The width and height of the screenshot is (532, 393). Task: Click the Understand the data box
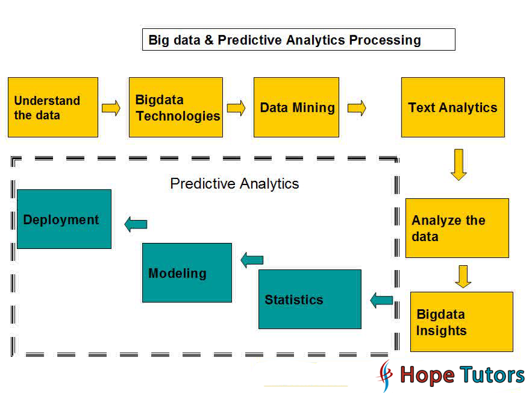point(53,107)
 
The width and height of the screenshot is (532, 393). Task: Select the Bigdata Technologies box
point(176,107)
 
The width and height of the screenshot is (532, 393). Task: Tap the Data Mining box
point(296,107)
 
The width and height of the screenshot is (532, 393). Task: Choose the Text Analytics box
point(453,107)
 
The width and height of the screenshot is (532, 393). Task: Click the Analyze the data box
point(457,228)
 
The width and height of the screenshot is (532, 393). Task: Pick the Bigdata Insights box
point(462,322)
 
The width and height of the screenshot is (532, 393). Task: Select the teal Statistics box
point(310,300)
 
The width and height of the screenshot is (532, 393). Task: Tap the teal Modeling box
point(187,272)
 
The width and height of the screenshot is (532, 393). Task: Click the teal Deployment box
point(64,219)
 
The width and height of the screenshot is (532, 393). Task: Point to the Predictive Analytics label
point(234,184)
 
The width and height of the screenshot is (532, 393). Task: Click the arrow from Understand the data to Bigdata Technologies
point(111,108)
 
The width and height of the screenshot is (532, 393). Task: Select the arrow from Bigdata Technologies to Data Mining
point(236,108)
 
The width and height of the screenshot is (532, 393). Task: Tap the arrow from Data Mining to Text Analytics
point(357,108)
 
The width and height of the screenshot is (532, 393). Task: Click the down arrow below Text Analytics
point(458,165)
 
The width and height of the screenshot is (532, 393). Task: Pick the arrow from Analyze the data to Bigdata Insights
point(463,277)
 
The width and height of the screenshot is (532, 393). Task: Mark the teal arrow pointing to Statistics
point(381,300)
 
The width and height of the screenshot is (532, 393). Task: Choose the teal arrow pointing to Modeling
point(252,260)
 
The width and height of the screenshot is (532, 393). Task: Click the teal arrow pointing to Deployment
point(136,224)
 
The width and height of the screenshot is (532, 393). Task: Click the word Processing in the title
point(385,40)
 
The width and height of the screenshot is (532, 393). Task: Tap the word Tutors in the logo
point(492,375)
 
